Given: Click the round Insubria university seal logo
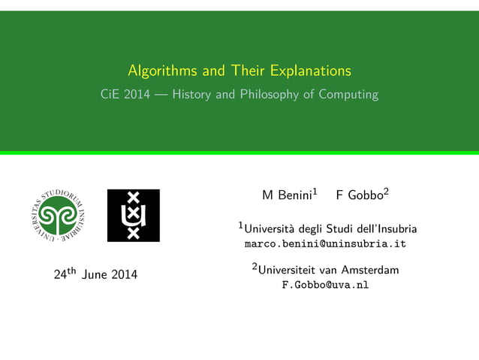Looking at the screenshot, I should (x=58, y=215).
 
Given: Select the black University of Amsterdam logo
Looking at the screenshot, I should (x=134, y=215).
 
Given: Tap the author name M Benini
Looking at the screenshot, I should (x=286, y=195).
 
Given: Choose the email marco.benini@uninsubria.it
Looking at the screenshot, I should (x=325, y=244).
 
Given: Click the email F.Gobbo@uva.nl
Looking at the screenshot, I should (x=325, y=286).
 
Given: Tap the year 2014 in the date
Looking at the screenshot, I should (x=124, y=275).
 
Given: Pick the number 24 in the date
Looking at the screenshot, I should (x=61, y=275).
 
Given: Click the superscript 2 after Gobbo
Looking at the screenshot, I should (x=386, y=192).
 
